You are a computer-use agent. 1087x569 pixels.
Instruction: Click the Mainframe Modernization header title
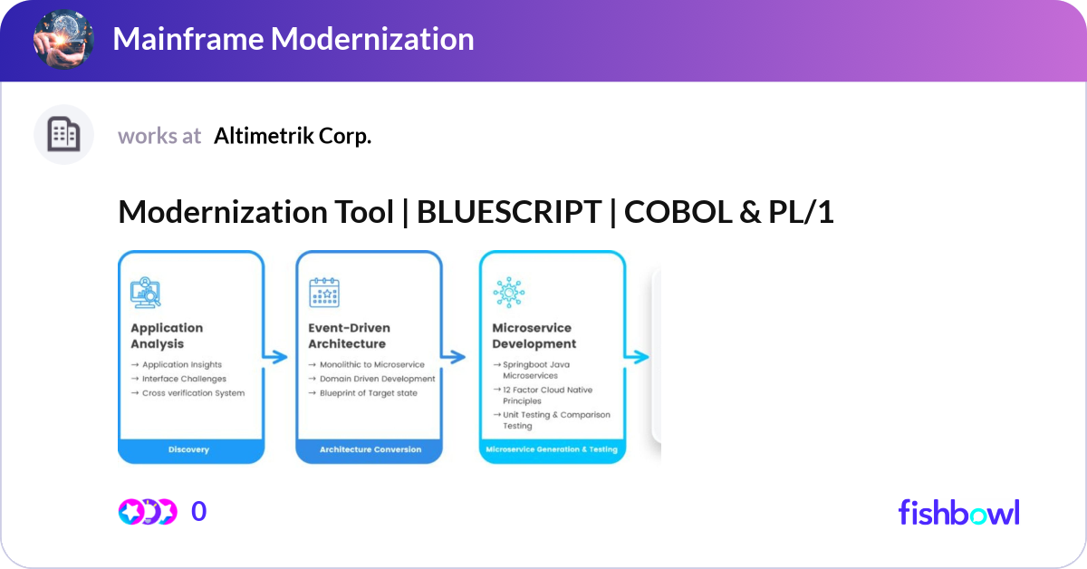click(293, 39)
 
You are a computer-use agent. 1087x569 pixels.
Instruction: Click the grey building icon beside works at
click(63, 135)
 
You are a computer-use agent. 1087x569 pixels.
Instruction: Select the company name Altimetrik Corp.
click(293, 136)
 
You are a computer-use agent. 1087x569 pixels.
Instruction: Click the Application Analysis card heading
click(167, 336)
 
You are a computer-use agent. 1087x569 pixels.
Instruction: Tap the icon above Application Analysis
click(146, 293)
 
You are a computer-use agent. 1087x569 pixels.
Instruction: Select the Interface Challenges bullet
click(184, 379)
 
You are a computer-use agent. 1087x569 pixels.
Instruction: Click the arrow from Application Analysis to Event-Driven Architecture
click(275, 357)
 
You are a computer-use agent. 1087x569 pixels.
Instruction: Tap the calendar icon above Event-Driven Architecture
click(324, 293)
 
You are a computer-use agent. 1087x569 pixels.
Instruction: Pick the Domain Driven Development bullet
click(377, 379)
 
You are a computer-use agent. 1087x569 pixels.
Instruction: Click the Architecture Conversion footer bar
click(370, 449)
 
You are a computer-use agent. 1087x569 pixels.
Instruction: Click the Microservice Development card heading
click(534, 336)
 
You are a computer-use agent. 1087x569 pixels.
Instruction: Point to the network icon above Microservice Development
click(507, 293)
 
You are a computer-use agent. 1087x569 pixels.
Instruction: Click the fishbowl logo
click(958, 512)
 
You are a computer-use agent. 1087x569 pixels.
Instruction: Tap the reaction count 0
click(198, 512)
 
